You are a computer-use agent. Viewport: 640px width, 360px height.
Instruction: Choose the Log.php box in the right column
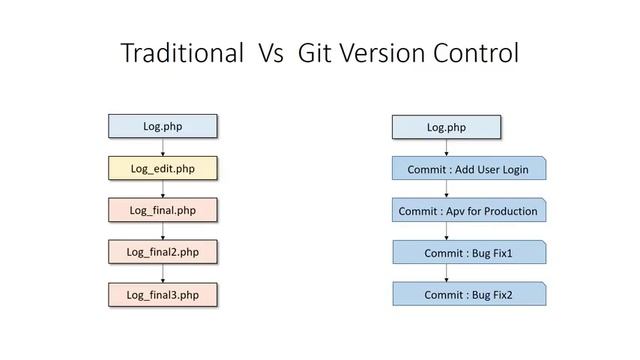(446, 127)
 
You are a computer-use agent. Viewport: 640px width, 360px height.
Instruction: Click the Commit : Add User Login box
(467, 169)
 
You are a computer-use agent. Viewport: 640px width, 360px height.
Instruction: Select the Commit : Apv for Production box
(467, 211)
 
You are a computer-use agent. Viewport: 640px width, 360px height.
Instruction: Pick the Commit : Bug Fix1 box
(467, 253)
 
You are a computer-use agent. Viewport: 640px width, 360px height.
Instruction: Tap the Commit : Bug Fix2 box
(467, 295)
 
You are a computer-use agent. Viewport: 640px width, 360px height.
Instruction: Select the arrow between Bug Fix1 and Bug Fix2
(446, 274)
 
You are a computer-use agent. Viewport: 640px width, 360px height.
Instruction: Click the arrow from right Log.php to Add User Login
(446, 147)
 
